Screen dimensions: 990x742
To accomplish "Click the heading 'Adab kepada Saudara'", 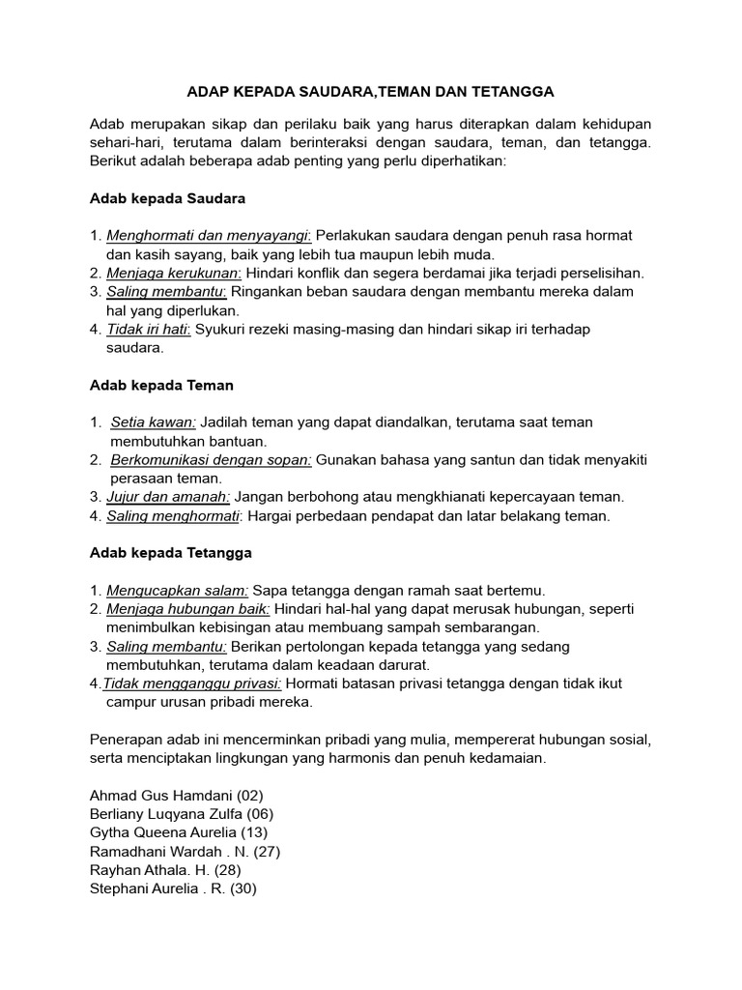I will [167, 198].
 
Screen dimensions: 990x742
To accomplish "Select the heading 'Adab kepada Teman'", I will [161, 385].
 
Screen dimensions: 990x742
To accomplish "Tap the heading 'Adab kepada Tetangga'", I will [170, 553].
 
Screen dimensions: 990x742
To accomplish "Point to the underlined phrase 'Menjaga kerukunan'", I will [173, 274].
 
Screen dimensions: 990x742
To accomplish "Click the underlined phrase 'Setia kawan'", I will [154, 422].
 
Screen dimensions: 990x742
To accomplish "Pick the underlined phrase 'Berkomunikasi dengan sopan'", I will [211, 460].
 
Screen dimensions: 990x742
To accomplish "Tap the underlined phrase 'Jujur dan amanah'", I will [168, 497].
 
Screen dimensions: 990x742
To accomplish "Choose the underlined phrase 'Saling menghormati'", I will [173, 516].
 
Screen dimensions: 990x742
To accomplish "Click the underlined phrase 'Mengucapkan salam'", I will [177, 590].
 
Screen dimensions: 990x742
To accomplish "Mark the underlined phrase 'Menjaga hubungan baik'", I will [188, 609].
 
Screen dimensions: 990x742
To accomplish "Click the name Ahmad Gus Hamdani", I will [153, 796].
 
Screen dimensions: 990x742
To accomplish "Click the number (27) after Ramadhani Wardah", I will [265, 852].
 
